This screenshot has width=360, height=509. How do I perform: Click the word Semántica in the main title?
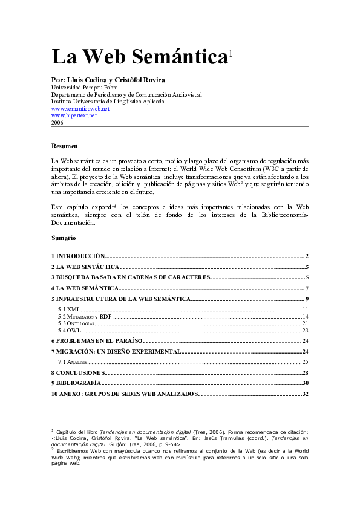(182, 57)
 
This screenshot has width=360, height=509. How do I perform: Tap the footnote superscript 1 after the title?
(231, 54)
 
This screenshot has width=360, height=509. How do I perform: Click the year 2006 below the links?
(57, 122)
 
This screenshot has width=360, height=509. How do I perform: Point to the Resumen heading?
(65, 146)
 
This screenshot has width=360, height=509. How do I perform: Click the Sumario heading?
(64, 238)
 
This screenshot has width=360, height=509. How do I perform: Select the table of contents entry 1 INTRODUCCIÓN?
(79, 256)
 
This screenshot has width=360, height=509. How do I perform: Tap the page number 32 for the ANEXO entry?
(306, 394)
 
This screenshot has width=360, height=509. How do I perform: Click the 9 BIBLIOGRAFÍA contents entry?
(76, 383)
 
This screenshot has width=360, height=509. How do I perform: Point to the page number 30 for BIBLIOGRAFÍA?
(306, 383)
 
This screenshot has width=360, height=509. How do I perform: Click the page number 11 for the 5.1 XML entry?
(306, 310)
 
